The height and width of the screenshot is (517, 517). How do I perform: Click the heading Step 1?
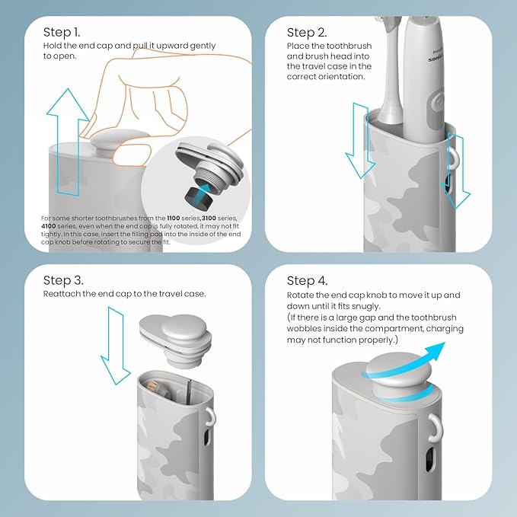[x=62, y=33]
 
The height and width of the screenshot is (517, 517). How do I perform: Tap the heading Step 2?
[x=306, y=33]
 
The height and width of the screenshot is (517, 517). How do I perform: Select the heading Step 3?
[x=64, y=280]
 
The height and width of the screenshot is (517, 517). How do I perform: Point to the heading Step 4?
[x=308, y=280]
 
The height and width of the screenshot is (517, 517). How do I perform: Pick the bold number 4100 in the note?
[x=51, y=227]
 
